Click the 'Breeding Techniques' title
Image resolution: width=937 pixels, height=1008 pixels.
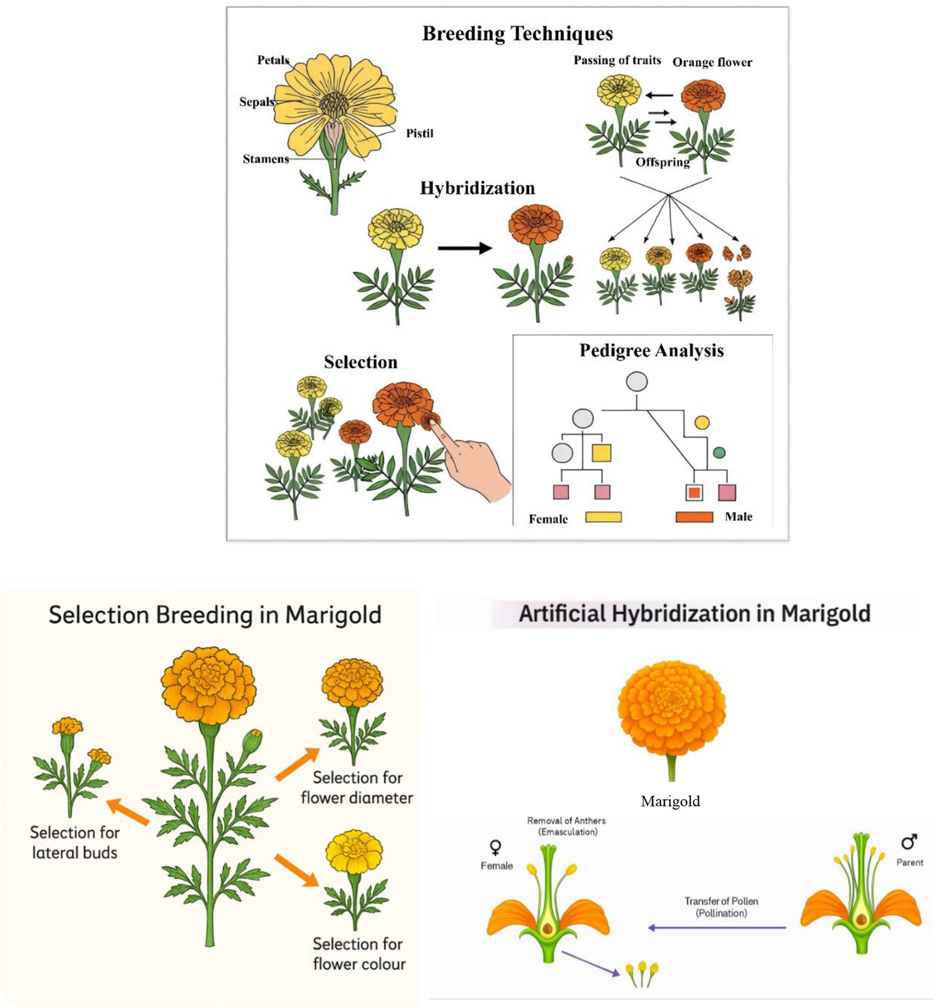[x=517, y=33]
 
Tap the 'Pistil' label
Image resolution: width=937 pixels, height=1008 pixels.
[x=419, y=133]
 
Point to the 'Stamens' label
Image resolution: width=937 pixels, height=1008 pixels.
[x=265, y=159]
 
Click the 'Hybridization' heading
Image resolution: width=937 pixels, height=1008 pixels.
[x=477, y=188]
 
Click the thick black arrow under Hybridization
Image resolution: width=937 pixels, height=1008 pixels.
[x=465, y=248]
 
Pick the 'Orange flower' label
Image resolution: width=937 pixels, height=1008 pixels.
[x=712, y=62]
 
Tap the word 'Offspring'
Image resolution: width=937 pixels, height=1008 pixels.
[x=662, y=162]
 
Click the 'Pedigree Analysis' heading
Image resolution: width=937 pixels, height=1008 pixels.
[x=651, y=351]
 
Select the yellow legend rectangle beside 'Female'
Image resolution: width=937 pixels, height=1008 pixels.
[x=603, y=517]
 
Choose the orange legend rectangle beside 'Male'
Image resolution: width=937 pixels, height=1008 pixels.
[x=694, y=517]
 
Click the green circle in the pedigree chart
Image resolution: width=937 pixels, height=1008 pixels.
[x=718, y=452]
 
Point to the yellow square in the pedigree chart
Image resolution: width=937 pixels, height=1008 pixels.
[x=601, y=453]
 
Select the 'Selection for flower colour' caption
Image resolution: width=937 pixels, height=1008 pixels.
[x=358, y=954]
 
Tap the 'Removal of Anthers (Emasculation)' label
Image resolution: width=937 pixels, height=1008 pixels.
[x=566, y=826]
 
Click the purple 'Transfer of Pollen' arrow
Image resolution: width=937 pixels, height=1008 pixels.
[x=716, y=927]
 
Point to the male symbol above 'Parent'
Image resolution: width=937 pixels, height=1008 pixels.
[x=909, y=842]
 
